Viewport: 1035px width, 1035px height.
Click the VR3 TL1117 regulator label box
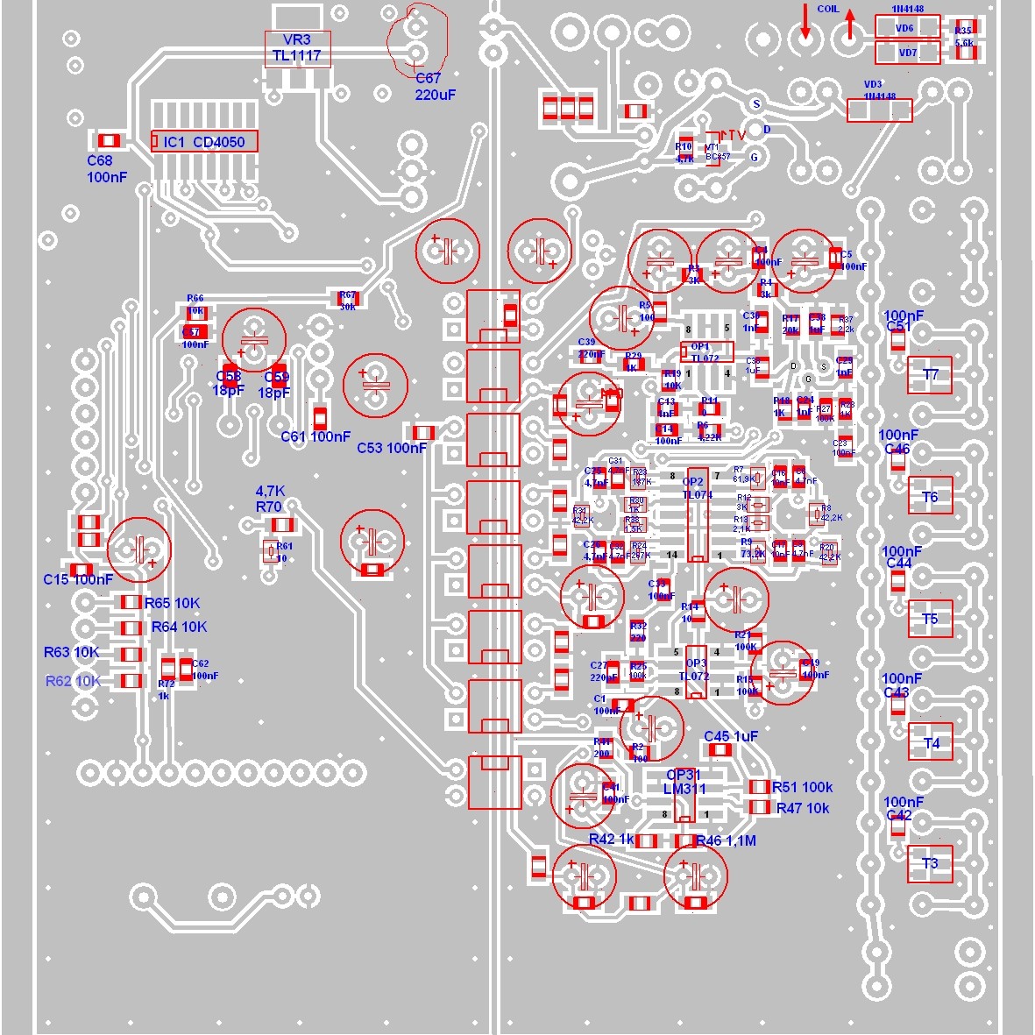coord(296,48)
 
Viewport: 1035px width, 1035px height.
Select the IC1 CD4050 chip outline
coord(204,141)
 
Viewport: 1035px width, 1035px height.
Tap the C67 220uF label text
coord(436,87)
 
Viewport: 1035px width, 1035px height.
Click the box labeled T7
coord(930,375)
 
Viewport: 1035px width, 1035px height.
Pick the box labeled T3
coord(930,863)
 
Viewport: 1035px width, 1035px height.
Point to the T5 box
coord(930,619)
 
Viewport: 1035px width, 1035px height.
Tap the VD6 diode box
coord(906,27)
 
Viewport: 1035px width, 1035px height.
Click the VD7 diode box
coord(906,53)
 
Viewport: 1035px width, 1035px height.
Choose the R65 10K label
coord(173,603)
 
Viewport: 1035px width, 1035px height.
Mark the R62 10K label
coord(73,681)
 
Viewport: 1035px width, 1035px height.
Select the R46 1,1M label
coord(726,840)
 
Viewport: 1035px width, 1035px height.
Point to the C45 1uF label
coord(731,736)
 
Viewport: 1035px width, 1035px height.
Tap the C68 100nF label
coord(106,168)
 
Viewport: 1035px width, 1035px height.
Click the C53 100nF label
coord(392,448)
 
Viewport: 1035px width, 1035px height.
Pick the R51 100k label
coord(802,787)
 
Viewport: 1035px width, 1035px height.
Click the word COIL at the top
coord(827,10)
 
